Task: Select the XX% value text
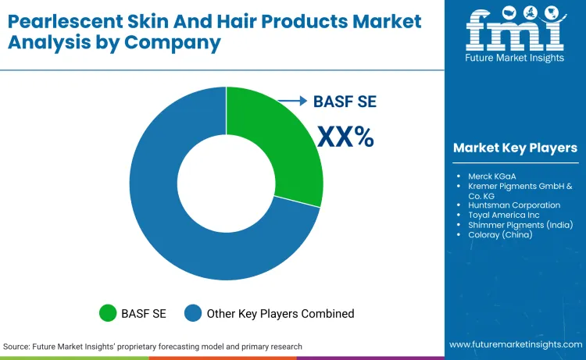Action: coord(345,137)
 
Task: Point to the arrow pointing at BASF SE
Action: coord(294,101)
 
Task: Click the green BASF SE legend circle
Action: coord(109,313)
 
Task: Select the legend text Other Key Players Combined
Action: coord(280,313)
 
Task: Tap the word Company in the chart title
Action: coord(177,41)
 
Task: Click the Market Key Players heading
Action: coord(515,148)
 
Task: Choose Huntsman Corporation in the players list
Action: coord(513,205)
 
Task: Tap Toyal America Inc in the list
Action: coord(505,215)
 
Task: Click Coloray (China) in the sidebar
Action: coord(500,234)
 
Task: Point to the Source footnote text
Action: coord(152,346)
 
